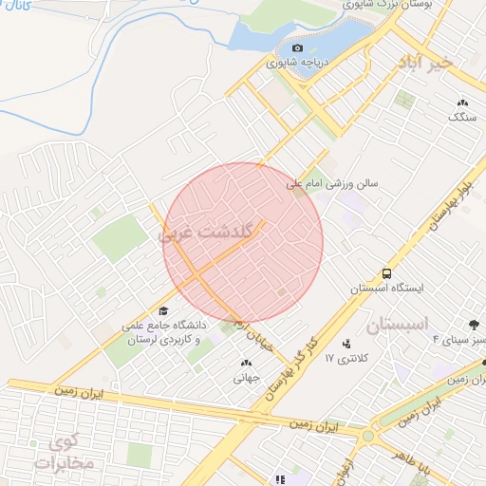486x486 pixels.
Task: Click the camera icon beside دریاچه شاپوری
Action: click(297, 47)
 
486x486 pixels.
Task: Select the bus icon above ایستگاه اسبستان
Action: click(386, 273)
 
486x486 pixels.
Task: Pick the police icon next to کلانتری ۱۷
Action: click(346, 344)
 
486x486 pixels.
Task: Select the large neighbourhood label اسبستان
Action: click(397, 324)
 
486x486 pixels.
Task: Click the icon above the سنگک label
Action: click(462, 103)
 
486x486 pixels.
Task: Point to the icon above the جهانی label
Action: click(247, 363)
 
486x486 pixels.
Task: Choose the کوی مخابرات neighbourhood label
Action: click(64, 452)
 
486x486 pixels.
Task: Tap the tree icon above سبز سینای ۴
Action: click(475, 325)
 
